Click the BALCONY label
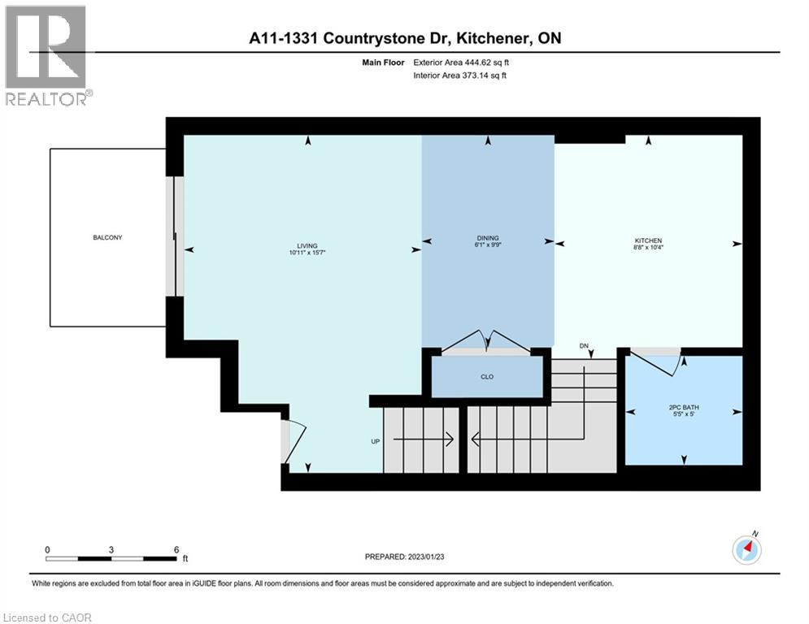107,237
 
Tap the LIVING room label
307,245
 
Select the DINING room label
487,238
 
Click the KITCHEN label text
648,240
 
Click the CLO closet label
487,377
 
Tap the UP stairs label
375,441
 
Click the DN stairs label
584,346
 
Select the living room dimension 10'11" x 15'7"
307,253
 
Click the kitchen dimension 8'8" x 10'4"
648,248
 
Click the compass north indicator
746,550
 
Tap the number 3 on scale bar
111,549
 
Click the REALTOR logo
47,55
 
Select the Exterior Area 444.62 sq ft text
461,62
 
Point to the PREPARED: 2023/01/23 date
406,557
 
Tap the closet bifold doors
486,343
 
